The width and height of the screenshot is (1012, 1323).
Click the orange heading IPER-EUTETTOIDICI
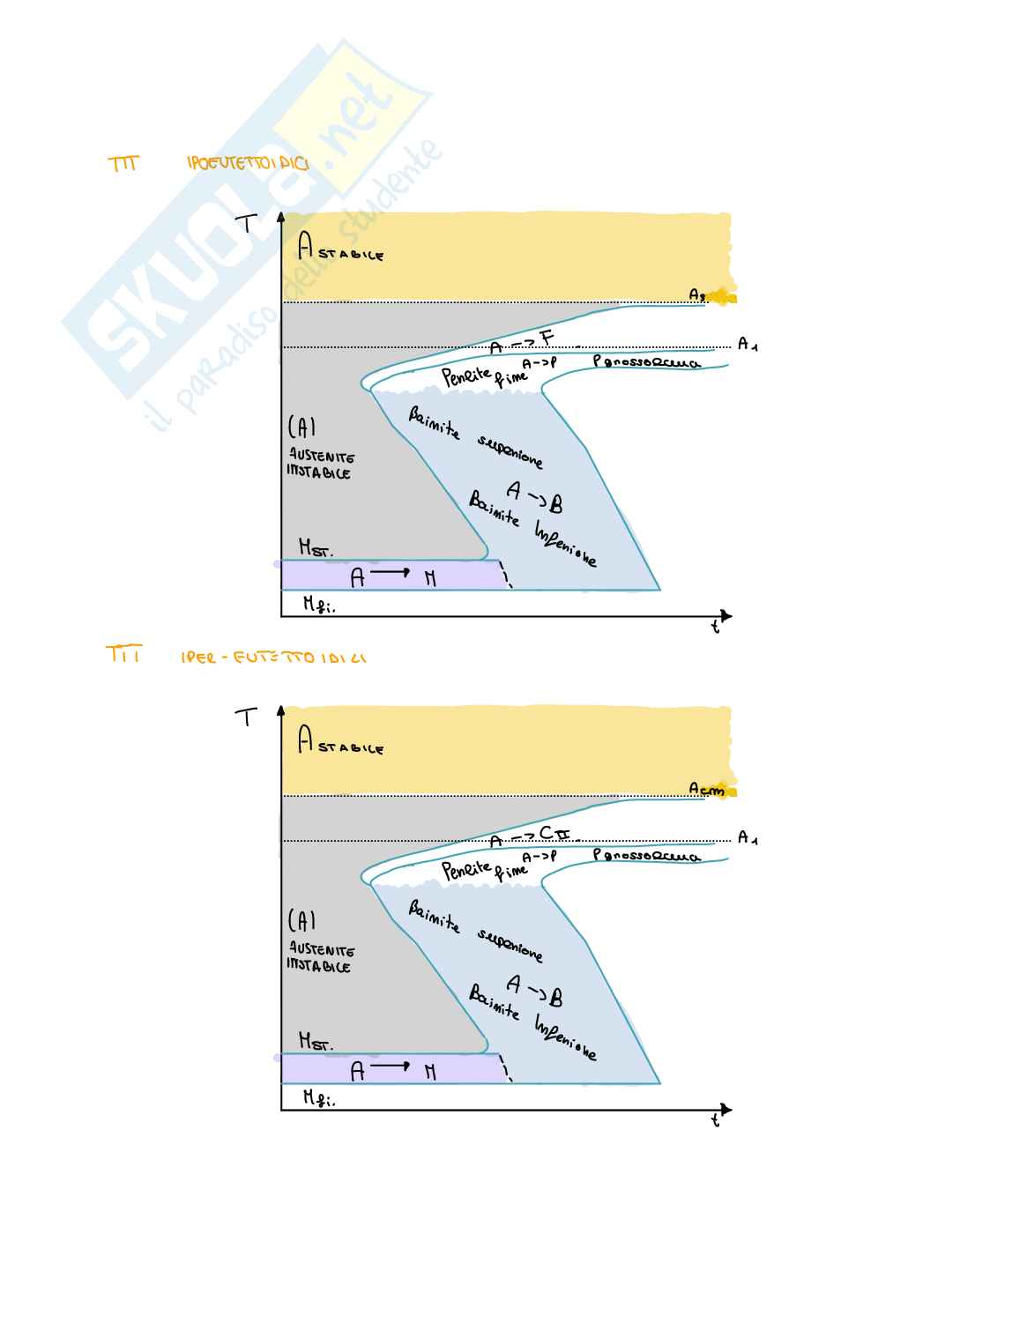(x=273, y=658)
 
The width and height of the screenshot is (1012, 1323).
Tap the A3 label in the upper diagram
(x=698, y=295)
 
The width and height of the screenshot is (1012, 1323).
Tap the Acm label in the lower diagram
(x=706, y=790)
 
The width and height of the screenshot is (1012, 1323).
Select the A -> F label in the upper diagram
(x=522, y=343)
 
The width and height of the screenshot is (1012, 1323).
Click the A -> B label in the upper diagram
(x=535, y=496)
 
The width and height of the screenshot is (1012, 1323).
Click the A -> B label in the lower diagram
(x=535, y=990)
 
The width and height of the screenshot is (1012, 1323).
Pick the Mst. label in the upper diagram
(x=316, y=549)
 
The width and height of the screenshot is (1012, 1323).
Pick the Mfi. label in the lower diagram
(x=319, y=1098)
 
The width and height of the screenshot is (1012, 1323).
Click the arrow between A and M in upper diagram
(x=390, y=573)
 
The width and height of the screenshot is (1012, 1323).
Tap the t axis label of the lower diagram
(x=716, y=1121)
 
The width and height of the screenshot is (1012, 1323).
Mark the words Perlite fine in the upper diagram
(x=484, y=377)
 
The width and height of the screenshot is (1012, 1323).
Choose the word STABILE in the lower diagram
(x=351, y=749)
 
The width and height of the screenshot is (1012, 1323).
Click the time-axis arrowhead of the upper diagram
(x=726, y=616)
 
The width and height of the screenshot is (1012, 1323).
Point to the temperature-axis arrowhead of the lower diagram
(x=280, y=710)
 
